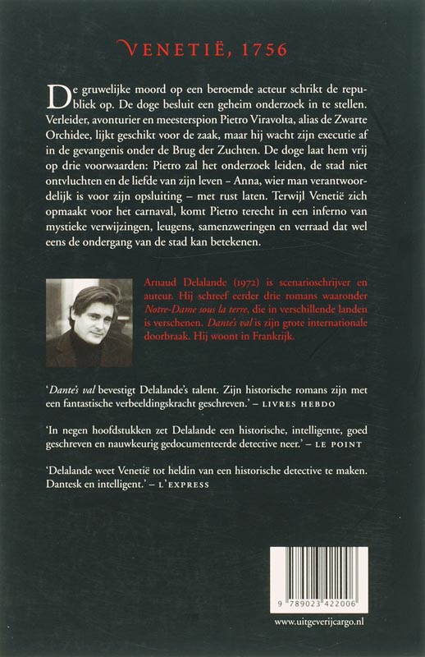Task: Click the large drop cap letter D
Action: pyautogui.click(x=58, y=96)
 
